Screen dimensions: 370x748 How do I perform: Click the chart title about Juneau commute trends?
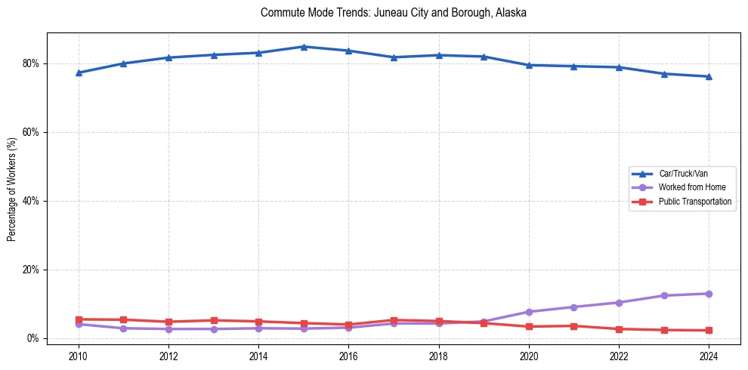click(x=393, y=13)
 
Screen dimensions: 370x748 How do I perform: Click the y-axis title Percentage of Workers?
click(x=11, y=190)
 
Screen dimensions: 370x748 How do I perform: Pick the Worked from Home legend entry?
click(x=688, y=187)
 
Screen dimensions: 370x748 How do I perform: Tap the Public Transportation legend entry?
click(x=694, y=202)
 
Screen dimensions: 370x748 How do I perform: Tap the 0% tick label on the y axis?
click(x=32, y=338)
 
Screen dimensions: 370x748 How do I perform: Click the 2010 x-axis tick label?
click(x=79, y=356)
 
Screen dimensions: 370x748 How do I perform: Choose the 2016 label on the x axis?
click(x=348, y=356)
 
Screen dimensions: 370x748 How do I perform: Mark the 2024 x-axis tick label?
click(x=709, y=356)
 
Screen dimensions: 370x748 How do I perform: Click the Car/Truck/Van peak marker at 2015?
click(x=304, y=47)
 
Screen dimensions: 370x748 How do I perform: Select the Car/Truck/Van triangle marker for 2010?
click(x=79, y=72)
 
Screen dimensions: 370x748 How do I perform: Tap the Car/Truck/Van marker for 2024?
click(x=709, y=76)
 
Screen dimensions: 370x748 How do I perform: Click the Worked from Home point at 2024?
click(x=709, y=294)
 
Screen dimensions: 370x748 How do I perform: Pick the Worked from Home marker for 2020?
click(x=529, y=312)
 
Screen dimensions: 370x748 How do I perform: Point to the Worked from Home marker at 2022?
click(x=619, y=303)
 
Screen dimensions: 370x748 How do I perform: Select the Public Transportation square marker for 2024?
click(x=709, y=331)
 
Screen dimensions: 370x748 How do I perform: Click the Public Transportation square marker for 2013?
click(x=214, y=320)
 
